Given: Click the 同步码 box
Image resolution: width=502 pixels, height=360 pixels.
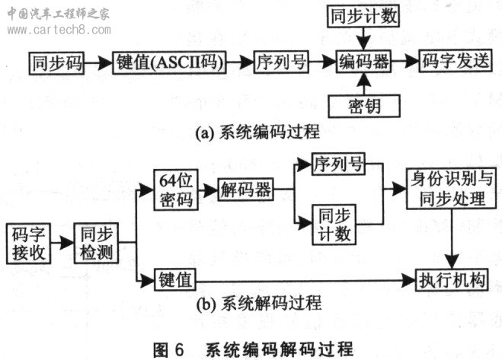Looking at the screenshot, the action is (x=56, y=63).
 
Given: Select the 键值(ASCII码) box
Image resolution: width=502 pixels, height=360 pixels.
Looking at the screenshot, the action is (x=169, y=62).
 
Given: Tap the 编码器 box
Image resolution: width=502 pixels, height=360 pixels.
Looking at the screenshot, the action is (x=363, y=61).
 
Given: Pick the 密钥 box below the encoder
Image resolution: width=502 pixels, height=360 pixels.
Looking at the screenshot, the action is (x=364, y=106).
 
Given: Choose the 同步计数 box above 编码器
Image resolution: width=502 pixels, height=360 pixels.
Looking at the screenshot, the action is (x=363, y=16).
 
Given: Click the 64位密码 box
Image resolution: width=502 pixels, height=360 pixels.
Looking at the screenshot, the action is (x=176, y=190).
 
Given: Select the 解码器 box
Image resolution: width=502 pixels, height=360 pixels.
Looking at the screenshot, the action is (x=245, y=190).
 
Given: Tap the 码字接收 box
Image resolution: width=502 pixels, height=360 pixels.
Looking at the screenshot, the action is (x=28, y=244).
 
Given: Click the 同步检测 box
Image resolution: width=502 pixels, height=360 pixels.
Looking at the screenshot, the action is (x=96, y=244).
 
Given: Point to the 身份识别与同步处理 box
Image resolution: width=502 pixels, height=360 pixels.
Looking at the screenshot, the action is (x=452, y=189).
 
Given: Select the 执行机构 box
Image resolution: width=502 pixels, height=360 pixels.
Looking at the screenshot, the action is (x=452, y=280).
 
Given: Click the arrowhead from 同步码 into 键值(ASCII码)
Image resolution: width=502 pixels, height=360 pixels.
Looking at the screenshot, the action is (x=105, y=63).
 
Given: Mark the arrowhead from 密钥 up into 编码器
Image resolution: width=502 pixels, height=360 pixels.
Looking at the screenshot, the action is (x=364, y=79).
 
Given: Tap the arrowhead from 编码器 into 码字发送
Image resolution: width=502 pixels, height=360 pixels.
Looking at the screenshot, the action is (x=412, y=61).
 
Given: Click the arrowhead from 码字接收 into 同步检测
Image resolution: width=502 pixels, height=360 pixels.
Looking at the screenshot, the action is (x=67, y=243).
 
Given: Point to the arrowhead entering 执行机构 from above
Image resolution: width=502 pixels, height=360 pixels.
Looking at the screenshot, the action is (x=452, y=262).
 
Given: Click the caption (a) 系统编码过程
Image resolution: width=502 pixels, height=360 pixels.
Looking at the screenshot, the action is (x=257, y=132).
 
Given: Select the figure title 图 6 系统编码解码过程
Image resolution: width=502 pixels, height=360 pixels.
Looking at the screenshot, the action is (x=253, y=349).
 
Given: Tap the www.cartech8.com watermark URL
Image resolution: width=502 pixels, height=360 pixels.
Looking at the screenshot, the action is (x=59, y=30).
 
